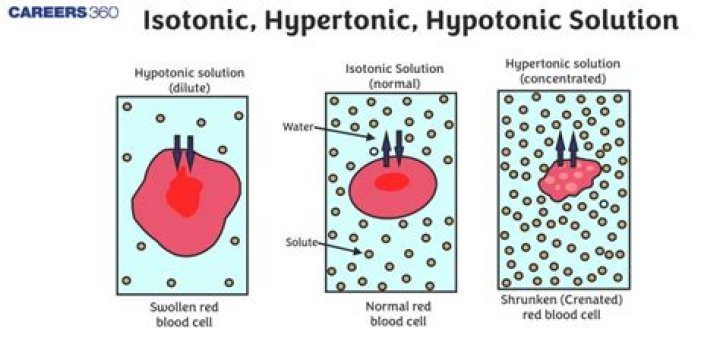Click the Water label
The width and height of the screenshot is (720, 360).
[x=299, y=128]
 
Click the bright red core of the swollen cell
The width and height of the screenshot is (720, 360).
[x=183, y=192]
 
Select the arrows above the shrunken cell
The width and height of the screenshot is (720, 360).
[x=568, y=147]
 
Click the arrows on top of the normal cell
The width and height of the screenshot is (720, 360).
[x=391, y=146]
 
